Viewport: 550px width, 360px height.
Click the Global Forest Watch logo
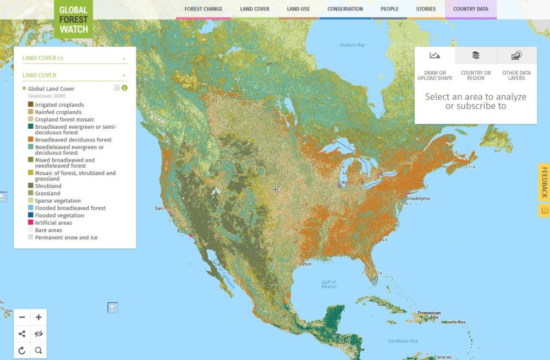pyautogui.click(x=74, y=20)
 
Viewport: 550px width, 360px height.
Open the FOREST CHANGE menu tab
pyautogui.click(x=204, y=9)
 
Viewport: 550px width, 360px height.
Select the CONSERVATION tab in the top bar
pyautogui.click(x=345, y=9)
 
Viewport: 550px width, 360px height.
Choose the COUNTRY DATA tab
pyautogui.click(x=470, y=9)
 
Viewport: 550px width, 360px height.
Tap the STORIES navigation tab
pyautogui.click(x=426, y=9)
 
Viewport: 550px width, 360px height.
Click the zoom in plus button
pyautogui.click(x=38, y=318)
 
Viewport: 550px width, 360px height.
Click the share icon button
pyautogui.click(x=22, y=334)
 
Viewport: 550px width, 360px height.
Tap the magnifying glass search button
pyautogui.click(x=38, y=351)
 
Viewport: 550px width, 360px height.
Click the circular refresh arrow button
pyautogui.click(x=22, y=351)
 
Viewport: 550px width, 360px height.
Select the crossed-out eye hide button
pyautogui.click(x=38, y=334)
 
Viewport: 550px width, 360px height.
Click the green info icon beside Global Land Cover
pyautogui.click(x=124, y=88)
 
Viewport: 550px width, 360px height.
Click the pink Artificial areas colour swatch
pyautogui.click(x=31, y=223)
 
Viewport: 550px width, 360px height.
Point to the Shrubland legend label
pyautogui.click(x=48, y=186)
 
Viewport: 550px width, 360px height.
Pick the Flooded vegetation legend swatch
pyautogui.click(x=31, y=216)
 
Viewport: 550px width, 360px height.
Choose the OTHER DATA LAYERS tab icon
pyautogui.click(x=516, y=56)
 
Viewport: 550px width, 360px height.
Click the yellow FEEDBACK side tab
pyautogui.click(x=544, y=182)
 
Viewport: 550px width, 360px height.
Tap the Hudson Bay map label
pyautogui.click(x=352, y=45)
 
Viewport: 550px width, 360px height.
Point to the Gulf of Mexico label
pyautogui.click(x=328, y=284)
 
